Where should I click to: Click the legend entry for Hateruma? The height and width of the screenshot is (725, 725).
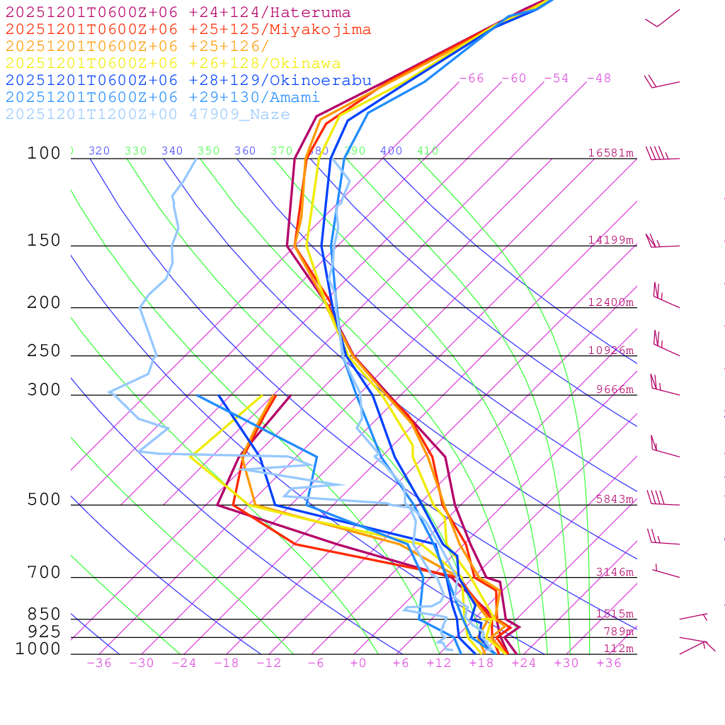[x=178, y=13]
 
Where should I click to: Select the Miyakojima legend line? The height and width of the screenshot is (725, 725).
[x=188, y=30]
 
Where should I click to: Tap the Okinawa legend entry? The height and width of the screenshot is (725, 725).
[x=173, y=64]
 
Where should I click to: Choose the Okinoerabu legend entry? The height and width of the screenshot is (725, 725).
[x=188, y=81]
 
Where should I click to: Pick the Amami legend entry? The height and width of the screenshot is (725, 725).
[x=162, y=98]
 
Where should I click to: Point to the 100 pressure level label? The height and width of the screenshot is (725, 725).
[x=44, y=153]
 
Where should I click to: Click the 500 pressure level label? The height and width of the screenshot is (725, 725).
[x=44, y=500]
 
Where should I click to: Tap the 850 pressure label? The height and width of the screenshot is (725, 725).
[x=44, y=615]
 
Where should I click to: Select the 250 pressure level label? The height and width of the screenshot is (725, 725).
[x=44, y=351]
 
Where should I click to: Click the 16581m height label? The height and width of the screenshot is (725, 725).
[x=611, y=153]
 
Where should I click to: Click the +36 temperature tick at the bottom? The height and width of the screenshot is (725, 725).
[x=609, y=663]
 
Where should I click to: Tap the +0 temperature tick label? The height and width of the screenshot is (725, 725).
[x=358, y=663]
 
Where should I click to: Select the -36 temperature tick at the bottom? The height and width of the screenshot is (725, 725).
[x=99, y=663]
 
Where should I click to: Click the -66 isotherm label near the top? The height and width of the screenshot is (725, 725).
[x=472, y=79]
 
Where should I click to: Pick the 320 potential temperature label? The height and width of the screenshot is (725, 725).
[x=99, y=151]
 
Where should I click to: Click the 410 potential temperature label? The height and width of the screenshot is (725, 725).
[x=428, y=151]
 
